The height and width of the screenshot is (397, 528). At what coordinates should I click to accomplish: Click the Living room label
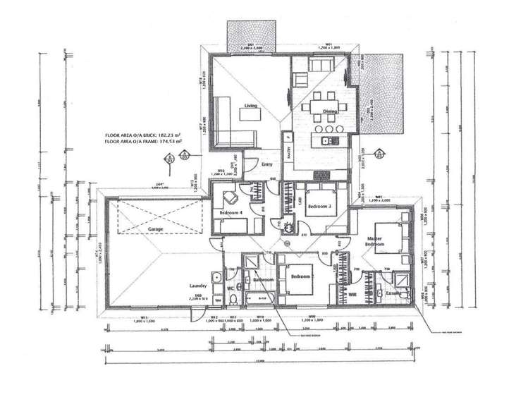tap(250, 106)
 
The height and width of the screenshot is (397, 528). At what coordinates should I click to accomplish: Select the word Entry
tap(267, 165)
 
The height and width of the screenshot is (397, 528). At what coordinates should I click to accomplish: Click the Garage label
tap(155, 229)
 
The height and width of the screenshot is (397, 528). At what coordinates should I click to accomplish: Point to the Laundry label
tap(198, 286)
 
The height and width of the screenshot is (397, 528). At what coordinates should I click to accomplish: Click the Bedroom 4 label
tap(232, 212)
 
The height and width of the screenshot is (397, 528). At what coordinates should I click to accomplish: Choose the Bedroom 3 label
tap(320, 206)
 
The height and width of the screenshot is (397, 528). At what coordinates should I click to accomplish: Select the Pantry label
tap(288, 151)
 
